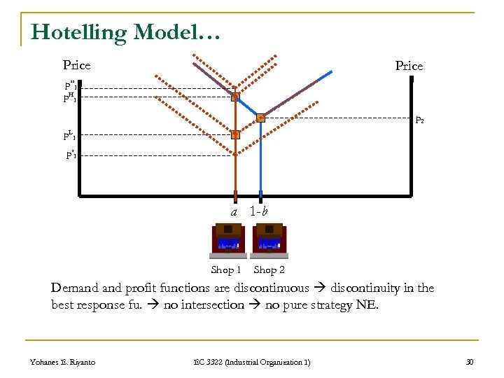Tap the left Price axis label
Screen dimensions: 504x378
click(x=76, y=65)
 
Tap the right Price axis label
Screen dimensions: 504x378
click(x=409, y=66)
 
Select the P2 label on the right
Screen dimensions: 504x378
click(x=419, y=120)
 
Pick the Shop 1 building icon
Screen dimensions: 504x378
click(x=227, y=241)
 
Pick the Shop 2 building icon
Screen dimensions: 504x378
click(x=269, y=241)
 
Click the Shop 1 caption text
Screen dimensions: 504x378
click(x=226, y=269)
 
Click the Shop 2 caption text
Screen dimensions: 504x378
click(x=269, y=269)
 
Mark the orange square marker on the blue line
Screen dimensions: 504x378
click(x=260, y=118)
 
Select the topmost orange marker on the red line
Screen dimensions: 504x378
click(x=235, y=97)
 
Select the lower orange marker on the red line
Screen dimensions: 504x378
click(x=235, y=134)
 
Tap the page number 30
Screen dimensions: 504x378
click(x=469, y=361)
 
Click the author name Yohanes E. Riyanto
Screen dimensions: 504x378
click(x=63, y=361)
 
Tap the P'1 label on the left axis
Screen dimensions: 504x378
click(x=71, y=155)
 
